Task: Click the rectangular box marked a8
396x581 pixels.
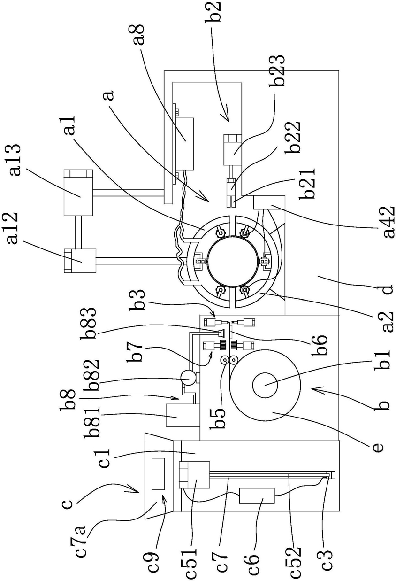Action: (x=184, y=144)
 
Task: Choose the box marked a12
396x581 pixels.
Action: (x=80, y=261)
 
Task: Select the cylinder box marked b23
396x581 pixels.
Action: (x=232, y=149)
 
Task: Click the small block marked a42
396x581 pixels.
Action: (x=268, y=202)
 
